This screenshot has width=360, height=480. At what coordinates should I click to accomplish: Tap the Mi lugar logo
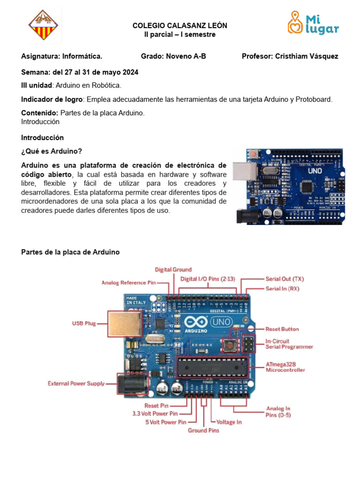[x=313, y=23]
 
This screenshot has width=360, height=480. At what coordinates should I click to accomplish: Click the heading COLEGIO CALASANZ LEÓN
[x=180, y=26]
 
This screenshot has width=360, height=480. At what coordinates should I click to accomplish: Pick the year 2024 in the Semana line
[x=129, y=72]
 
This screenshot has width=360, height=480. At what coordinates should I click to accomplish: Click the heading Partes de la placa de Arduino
[x=70, y=252]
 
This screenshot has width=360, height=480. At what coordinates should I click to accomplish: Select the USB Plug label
[x=84, y=323]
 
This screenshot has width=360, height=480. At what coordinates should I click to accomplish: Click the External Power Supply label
[x=76, y=383]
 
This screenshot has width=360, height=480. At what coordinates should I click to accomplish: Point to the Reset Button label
[x=282, y=330]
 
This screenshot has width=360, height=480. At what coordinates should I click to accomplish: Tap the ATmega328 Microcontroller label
[x=285, y=367]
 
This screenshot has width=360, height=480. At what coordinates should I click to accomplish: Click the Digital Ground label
[x=173, y=270]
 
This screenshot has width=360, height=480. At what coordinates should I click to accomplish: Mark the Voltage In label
[x=229, y=422]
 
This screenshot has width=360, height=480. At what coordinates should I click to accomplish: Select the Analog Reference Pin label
[x=128, y=283]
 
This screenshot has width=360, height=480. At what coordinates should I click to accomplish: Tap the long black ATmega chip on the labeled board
[x=211, y=367]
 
